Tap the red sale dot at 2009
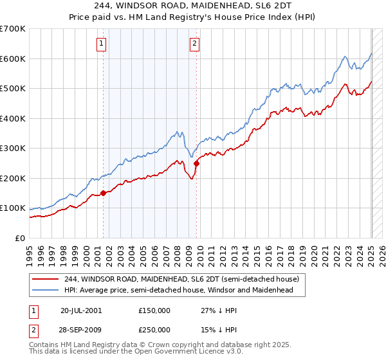pyautogui.click(x=196, y=163)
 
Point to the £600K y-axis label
pyautogui.click(x=13, y=59)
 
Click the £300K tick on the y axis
pyautogui.click(x=13, y=148)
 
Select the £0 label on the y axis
pyautogui.click(x=21, y=238)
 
